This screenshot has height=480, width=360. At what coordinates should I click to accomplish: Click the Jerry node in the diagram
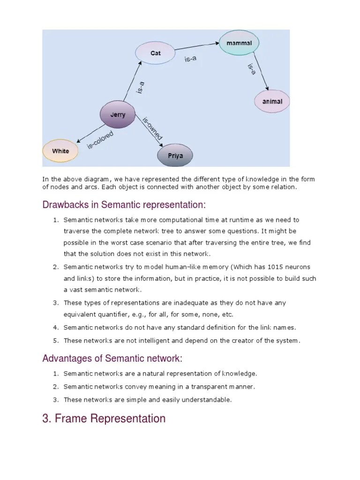[x=118, y=114]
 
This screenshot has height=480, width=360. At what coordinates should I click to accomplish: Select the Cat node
[x=155, y=53]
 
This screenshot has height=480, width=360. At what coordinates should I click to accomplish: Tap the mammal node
[x=239, y=43]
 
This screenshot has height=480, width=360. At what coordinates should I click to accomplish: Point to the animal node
[x=272, y=101]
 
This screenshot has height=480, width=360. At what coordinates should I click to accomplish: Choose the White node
[x=60, y=151]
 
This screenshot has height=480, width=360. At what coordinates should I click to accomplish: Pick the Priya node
[x=175, y=155]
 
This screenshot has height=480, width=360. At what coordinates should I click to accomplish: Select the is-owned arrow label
[x=152, y=128]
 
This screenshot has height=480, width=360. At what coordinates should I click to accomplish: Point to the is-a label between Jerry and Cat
[x=140, y=88]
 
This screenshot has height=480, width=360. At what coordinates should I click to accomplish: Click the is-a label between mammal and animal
[x=251, y=69]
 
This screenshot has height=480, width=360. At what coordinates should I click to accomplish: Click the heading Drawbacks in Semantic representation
[x=124, y=205]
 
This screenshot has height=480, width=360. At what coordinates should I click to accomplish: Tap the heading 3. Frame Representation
[x=104, y=419]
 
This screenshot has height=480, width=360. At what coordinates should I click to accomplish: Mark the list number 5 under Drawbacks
[x=55, y=341]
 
